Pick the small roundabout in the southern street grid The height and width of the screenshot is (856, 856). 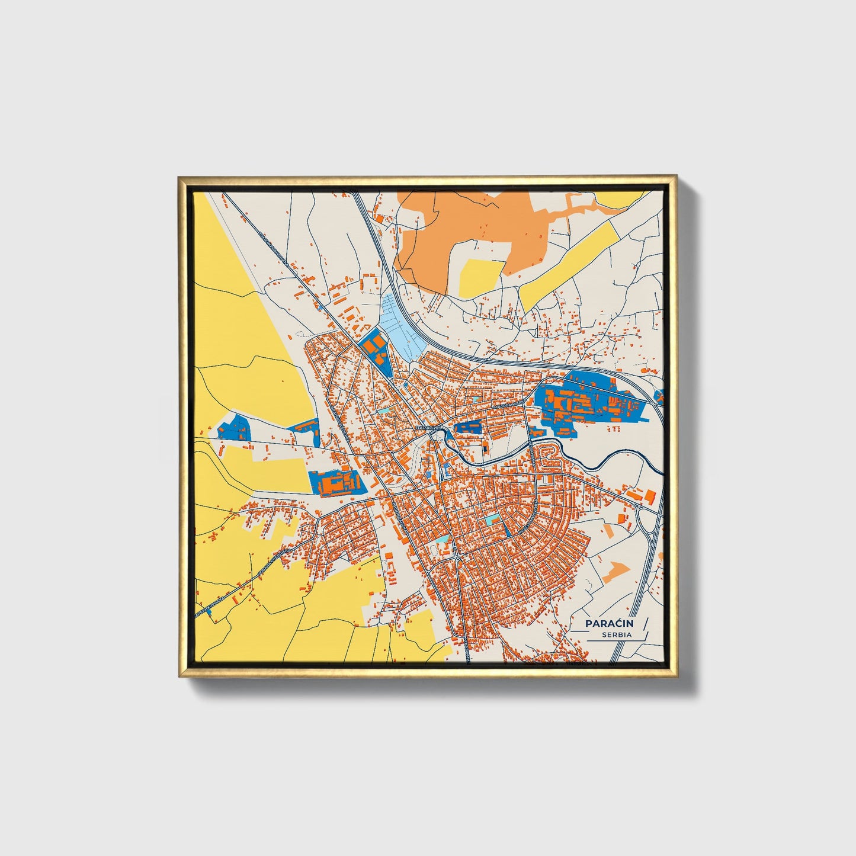click(x=457, y=558)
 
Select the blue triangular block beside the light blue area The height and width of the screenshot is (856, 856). click(x=375, y=350)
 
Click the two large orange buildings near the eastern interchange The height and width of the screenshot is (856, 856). click(x=642, y=495)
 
